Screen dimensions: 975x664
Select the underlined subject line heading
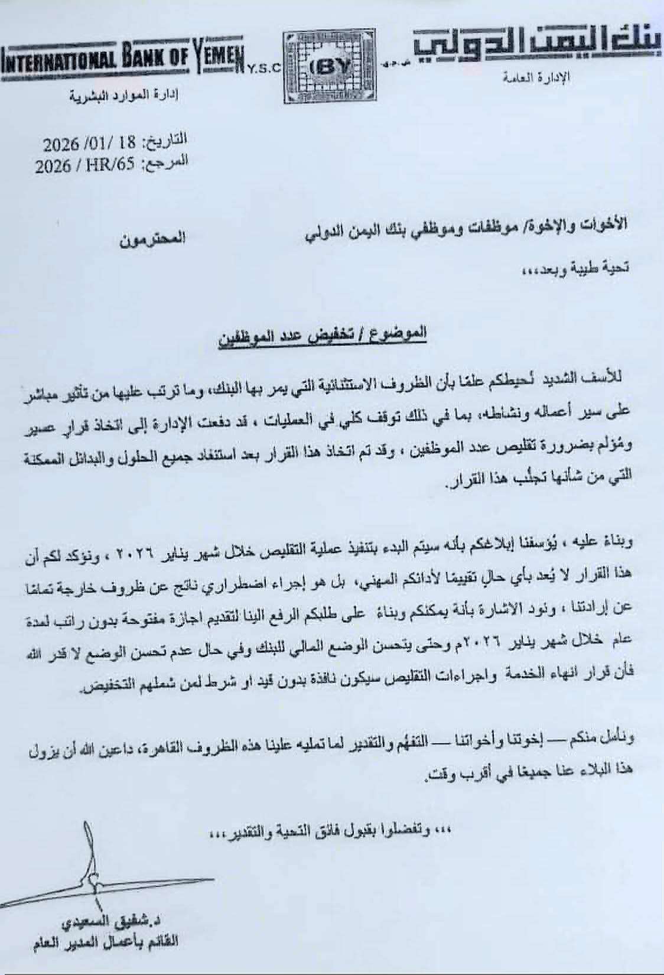tap(322, 339)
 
